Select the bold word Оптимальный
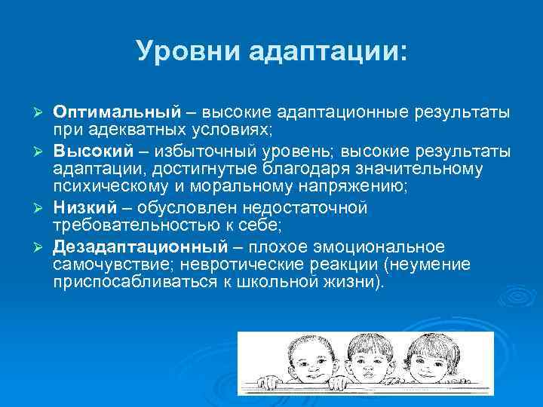tap(118, 112)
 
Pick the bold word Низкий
tap(84, 207)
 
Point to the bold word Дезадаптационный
tap(140, 247)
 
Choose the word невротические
tap(248, 266)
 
